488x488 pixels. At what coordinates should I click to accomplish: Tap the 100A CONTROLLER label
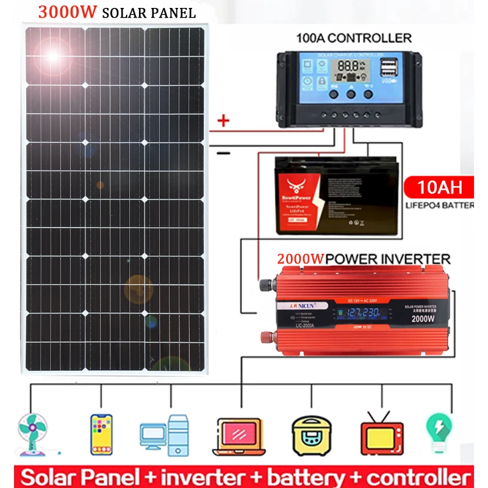[x=353, y=38]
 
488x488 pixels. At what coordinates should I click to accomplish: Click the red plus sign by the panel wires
[x=223, y=121]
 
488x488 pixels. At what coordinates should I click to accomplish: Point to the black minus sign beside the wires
[x=224, y=152]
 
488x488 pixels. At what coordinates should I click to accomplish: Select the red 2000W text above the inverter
[x=301, y=259]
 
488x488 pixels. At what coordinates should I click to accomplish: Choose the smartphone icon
[x=101, y=434]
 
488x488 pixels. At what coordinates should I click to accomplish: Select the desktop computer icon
[x=165, y=434]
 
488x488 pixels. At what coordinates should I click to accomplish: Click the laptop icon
[x=239, y=436]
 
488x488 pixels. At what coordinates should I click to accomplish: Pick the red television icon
[x=382, y=434]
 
